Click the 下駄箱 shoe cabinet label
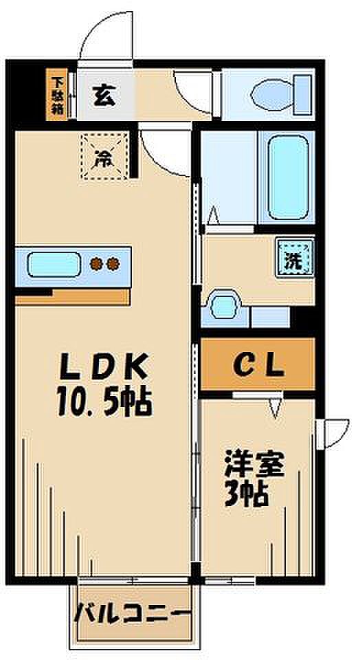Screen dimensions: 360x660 click(x=56, y=94)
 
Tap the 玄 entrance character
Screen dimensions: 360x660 click(x=104, y=95)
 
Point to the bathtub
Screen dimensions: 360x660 click(x=288, y=177)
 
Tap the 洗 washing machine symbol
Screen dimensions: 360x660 click(x=295, y=259)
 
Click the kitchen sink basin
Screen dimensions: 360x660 click(x=54, y=264)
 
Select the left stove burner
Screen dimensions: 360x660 click(x=98, y=264)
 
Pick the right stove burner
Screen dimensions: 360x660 click(x=113, y=264)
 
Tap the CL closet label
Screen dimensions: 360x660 click(x=258, y=366)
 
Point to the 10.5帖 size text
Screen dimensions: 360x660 click(x=104, y=403)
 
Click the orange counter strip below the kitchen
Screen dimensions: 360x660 click(x=72, y=297)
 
